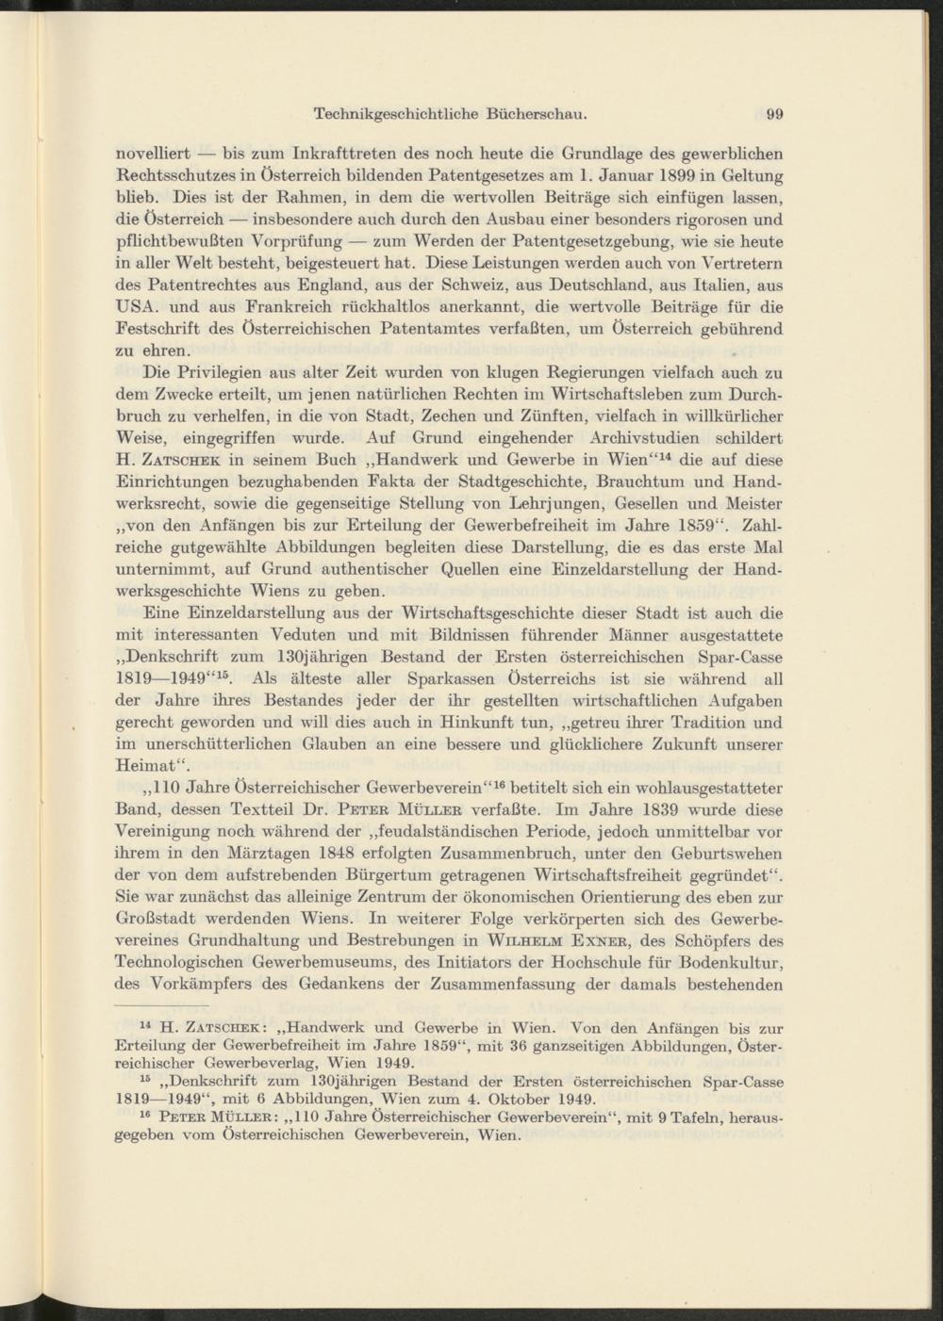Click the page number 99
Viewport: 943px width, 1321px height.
(x=776, y=115)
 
